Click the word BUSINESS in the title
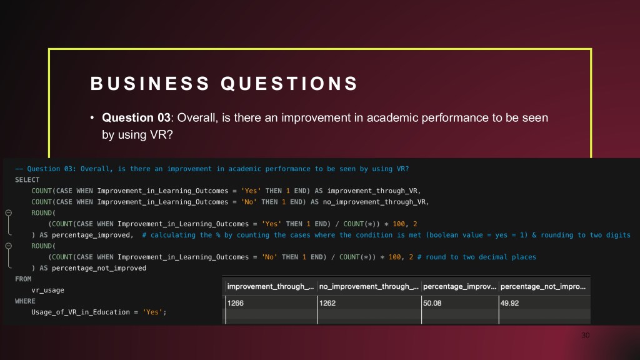pos(150,83)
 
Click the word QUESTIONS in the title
pos(289,83)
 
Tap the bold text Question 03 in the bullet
pos(136,117)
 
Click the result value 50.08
pos(432,303)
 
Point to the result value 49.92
pos(510,303)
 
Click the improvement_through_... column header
pos(270,286)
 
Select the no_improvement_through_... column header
pos(369,286)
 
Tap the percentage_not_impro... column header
pos(543,286)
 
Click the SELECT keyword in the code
pos(27,180)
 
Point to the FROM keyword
pos(23,279)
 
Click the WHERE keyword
pos(25,301)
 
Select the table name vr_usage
pos(47,290)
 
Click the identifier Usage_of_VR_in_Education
pos(81,312)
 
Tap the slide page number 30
pos(585,336)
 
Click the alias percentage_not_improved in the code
pos(99,268)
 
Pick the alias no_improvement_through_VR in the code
pos(374,202)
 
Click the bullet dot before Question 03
pos(92,117)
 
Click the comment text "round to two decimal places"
pos(481,257)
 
